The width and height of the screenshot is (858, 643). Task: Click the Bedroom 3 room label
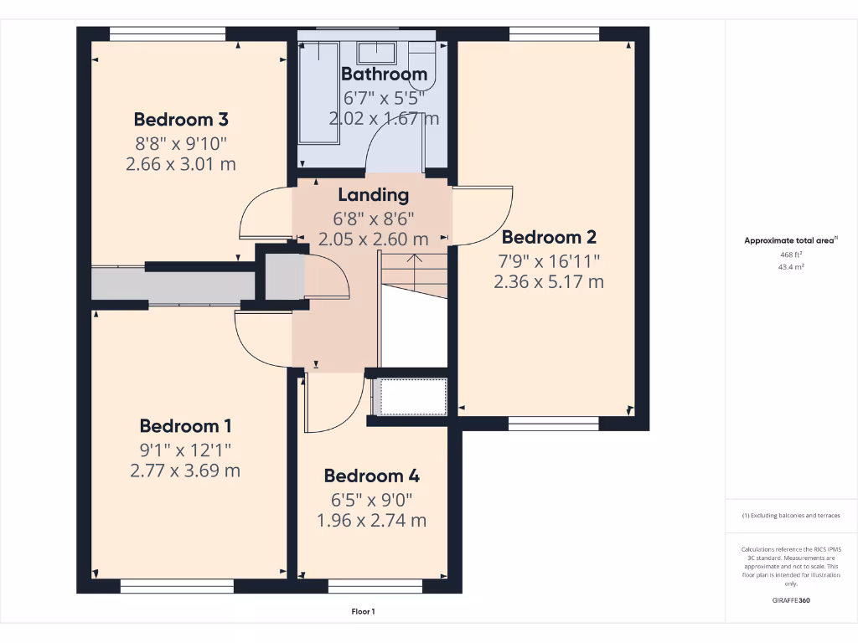pos(181,119)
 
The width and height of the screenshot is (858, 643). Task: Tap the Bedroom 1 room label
pos(185,425)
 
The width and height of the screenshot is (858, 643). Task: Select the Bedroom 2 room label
pos(549,237)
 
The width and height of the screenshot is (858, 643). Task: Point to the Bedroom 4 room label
pos(371,476)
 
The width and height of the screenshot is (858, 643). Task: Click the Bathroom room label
pos(384,74)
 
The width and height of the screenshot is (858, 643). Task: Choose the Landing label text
pos(373,195)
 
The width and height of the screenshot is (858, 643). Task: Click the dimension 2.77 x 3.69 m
pos(185,471)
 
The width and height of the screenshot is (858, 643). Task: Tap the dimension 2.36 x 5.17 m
pos(549,282)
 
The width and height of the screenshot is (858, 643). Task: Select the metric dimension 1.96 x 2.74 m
pos(371,521)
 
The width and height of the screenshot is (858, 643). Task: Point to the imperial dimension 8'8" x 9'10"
pos(181,142)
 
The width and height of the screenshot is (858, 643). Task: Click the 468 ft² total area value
pos(791,255)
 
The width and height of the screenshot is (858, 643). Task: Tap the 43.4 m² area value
pos(791,267)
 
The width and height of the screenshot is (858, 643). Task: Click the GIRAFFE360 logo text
pos(791,600)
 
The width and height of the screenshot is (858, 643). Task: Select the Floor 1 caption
pos(363,612)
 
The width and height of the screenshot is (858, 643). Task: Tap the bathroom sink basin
pos(377,53)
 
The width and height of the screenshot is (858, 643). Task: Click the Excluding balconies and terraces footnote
pos(791,516)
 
